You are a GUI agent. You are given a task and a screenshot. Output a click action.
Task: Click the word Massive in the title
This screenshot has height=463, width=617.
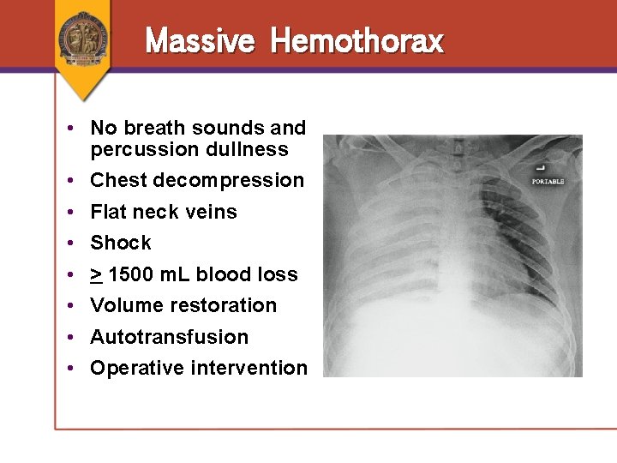click(x=200, y=40)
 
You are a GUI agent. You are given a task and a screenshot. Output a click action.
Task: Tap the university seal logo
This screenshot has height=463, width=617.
click(x=83, y=38)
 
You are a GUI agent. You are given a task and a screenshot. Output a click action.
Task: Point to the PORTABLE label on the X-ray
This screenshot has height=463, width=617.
click(x=548, y=182)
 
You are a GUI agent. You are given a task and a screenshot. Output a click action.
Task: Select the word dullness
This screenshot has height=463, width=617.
click(x=253, y=149)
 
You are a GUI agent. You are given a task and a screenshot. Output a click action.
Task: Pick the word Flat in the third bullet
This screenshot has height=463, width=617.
click(x=107, y=212)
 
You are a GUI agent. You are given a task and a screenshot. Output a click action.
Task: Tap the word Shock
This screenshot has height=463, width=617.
click(x=120, y=243)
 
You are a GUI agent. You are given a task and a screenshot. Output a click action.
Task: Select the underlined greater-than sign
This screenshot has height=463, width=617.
click(x=96, y=274)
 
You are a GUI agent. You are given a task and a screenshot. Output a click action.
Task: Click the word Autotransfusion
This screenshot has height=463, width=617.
click(x=169, y=337)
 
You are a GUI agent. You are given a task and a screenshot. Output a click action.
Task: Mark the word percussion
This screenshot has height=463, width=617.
click(x=141, y=149)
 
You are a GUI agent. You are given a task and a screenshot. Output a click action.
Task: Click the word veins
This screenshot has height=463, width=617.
click(x=212, y=212)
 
